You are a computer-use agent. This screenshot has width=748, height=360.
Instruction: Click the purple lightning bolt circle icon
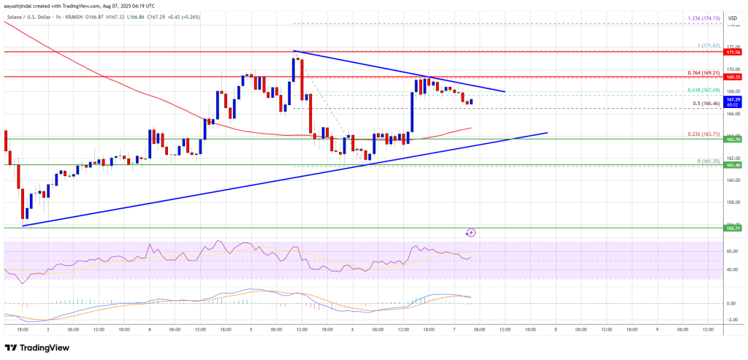pos(471,233)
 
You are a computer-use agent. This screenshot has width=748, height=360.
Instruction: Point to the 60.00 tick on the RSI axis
pos(730,251)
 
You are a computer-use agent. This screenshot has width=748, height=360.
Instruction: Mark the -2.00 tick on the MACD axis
pos(730,320)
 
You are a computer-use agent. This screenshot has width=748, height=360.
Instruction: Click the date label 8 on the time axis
pos(556,329)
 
